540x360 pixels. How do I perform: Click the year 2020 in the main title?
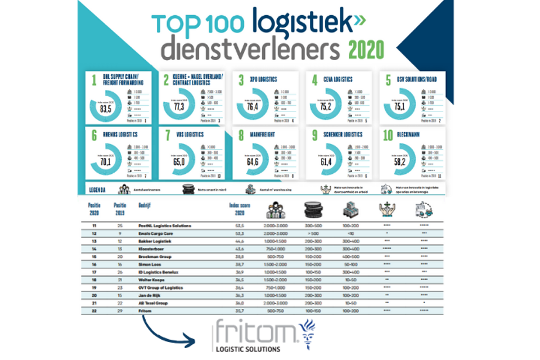(x=367, y=49)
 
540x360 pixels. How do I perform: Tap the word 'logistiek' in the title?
(x=301, y=24)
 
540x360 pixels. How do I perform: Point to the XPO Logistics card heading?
(x=261, y=79)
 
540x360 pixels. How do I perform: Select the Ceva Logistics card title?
(x=336, y=79)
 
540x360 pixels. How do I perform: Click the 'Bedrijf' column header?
(x=145, y=205)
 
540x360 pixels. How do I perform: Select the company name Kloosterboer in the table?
(x=152, y=248)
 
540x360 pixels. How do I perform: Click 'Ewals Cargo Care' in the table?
(x=156, y=233)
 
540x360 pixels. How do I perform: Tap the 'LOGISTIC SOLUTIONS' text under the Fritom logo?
(x=248, y=348)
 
